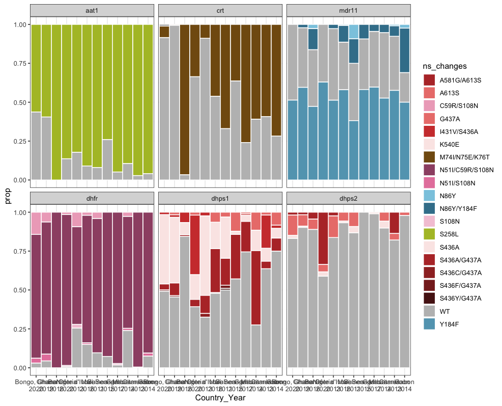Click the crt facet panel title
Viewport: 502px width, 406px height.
(x=220, y=11)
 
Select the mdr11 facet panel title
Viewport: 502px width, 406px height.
(x=348, y=11)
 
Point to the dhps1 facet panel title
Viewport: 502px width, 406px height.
(x=220, y=198)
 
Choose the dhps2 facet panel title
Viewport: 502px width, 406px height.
(x=348, y=198)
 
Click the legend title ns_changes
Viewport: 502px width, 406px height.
(x=445, y=66)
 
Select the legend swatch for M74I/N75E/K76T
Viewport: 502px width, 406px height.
(x=429, y=156)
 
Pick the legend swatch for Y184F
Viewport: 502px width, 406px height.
(x=429, y=324)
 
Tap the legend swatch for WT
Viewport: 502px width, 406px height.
(x=429, y=311)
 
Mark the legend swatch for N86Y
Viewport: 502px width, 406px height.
(x=429, y=196)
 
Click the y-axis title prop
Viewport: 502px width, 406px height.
(x=8, y=197)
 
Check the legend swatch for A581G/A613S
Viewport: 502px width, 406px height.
(x=429, y=79)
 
